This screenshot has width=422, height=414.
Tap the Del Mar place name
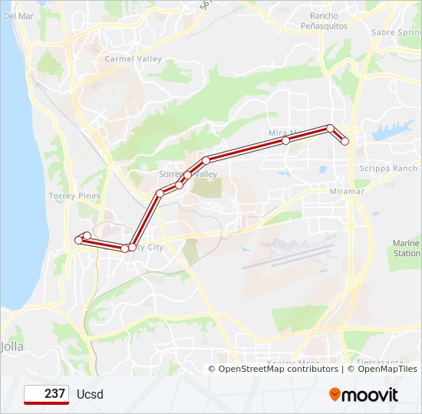(18, 15)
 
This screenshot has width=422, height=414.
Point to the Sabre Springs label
(394, 33)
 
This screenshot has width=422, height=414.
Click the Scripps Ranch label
(388, 169)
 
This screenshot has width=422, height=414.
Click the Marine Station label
(406, 248)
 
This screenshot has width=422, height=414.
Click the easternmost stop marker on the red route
(345, 141)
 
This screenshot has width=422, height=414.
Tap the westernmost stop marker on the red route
(78, 241)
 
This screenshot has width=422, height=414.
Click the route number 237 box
(47, 394)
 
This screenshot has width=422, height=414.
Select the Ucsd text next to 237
(90, 395)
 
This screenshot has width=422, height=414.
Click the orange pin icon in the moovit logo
(335, 395)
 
